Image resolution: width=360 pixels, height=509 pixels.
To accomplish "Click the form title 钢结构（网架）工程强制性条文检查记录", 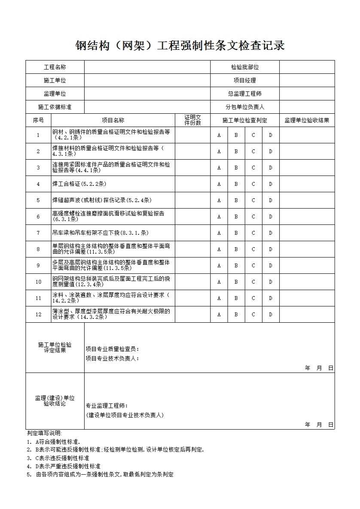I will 180,45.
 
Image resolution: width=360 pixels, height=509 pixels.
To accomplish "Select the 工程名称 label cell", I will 55,67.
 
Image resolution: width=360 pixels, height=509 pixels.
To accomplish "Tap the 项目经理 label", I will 244,80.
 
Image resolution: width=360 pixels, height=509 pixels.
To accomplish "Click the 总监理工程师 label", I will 244,94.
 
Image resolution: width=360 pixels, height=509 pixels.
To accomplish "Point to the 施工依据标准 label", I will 55,107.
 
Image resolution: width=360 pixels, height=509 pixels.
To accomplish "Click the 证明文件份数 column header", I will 192,120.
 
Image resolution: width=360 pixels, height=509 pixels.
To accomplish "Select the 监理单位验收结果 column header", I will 307,121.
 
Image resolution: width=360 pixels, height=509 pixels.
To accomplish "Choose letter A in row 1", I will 219,135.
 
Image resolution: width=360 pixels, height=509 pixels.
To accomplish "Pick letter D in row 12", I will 271,315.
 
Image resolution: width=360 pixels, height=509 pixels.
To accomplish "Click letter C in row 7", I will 253,233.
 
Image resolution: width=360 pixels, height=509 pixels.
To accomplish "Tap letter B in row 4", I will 236,184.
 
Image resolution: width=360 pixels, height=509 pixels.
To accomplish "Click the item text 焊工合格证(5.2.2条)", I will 79,184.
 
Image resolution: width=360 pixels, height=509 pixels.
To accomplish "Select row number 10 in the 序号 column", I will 39,282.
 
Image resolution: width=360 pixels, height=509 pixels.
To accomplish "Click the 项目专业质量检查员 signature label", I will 112,349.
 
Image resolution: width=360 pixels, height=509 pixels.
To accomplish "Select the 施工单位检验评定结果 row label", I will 55,347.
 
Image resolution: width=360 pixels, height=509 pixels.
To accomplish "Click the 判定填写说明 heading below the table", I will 44,433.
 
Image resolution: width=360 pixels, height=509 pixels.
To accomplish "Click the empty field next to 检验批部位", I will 307,67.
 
